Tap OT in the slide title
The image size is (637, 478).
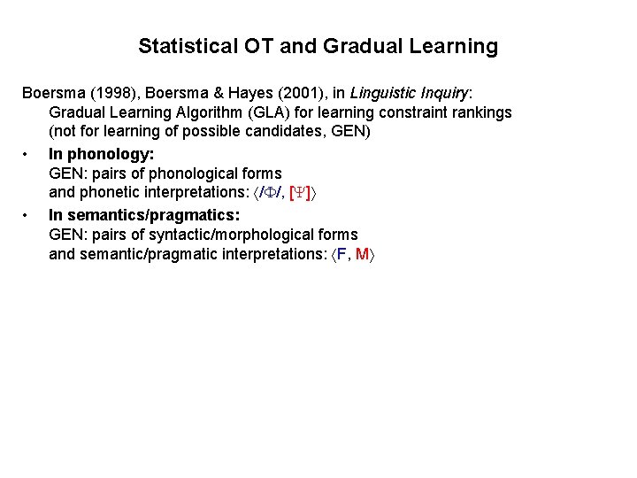pos(261,46)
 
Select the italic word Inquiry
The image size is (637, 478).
pos(446,93)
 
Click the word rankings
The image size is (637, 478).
pos(480,112)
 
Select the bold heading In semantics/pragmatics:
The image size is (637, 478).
pos(144,215)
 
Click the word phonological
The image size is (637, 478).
pos(188,173)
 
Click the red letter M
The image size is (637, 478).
pos(362,256)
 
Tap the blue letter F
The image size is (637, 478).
pos(342,256)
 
